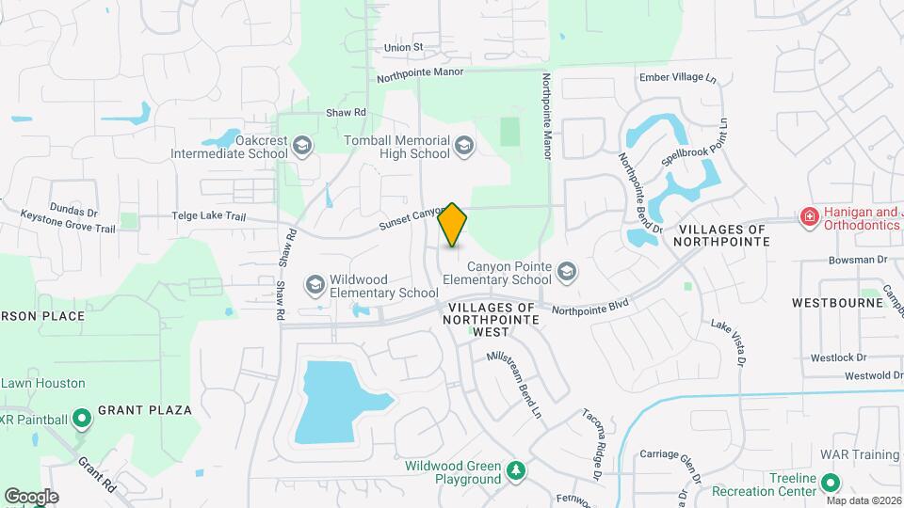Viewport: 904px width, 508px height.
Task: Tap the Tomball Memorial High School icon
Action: click(463, 145)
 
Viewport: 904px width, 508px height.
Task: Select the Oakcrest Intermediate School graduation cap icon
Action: click(301, 145)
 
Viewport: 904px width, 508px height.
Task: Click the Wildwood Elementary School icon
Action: click(315, 284)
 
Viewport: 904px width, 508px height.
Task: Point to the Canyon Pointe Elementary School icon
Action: click(566, 272)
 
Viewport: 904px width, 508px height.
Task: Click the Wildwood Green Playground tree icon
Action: click(515, 469)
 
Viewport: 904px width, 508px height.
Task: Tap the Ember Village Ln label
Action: click(671, 77)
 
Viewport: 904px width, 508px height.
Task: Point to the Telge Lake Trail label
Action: click(208, 216)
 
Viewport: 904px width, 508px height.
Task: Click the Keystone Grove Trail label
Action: click(69, 228)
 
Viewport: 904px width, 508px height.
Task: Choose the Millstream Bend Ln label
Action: click(514, 383)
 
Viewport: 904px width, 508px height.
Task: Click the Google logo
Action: click(30, 496)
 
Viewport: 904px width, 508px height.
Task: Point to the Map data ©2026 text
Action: click(864, 500)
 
